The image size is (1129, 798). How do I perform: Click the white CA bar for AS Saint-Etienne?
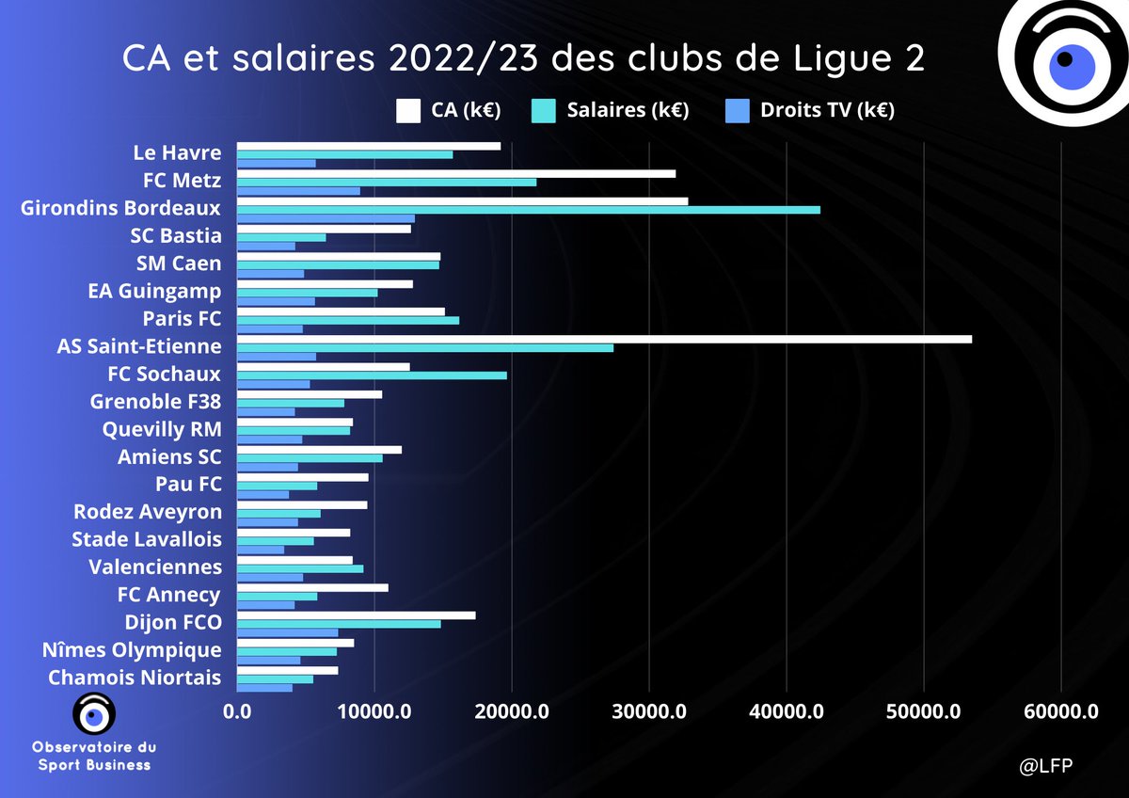[603, 339]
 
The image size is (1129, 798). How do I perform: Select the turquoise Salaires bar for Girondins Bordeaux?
[528, 210]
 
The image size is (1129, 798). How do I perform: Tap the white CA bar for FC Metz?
[455, 173]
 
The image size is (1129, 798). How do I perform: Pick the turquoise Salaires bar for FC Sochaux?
[371, 375]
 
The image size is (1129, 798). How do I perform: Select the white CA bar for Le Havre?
[368, 146]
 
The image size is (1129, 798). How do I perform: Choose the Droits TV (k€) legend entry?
[823, 110]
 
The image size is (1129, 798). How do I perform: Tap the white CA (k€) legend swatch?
[406, 110]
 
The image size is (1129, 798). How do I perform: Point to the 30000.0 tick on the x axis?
[648, 712]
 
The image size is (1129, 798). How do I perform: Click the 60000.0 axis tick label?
[1060, 712]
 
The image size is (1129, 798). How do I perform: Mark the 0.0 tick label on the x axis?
[237, 712]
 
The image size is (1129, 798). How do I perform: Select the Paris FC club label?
[182, 319]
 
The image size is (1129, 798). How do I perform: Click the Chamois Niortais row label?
[135, 678]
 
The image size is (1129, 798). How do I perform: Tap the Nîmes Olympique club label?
[132, 650]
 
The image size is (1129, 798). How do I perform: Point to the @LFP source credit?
[1046, 765]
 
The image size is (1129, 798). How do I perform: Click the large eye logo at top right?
[1063, 62]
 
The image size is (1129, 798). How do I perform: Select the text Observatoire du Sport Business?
[94, 755]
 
